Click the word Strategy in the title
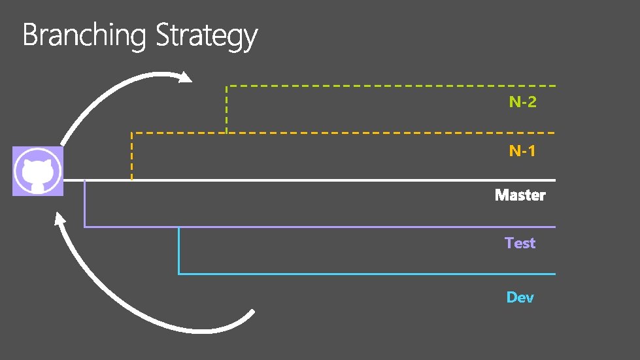click(207, 37)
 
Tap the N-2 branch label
click(523, 102)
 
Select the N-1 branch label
click(522, 152)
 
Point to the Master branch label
click(520, 195)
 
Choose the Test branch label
click(520, 243)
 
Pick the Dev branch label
click(520, 297)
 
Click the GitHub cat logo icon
click(38, 172)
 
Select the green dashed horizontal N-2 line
click(392, 86)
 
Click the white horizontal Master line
click(327, 180)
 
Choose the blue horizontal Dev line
click(366, 274)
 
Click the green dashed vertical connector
click(226, 110)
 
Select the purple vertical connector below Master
click(85, 204)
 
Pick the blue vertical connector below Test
click(178, 250)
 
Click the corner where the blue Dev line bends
click(179, 274)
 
